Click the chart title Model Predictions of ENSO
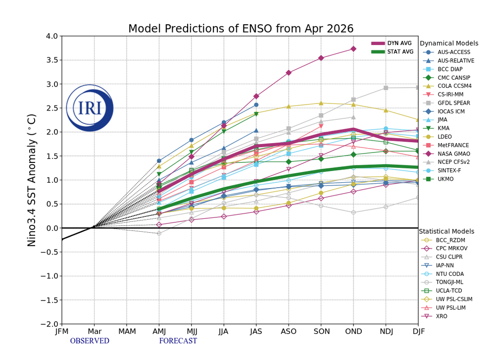point(241,29)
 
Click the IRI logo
point(89,108)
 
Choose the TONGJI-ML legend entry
point(450,282)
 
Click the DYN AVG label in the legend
point(399,44)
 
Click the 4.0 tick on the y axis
point(51,36)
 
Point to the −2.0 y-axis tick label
point(49,324)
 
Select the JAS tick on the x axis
point(256,331)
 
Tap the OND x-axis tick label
point(353,331)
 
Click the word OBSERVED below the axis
point(90,341)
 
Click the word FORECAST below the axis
point(178,341)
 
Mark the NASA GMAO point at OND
point(353,49)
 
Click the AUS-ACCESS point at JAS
point(256,104)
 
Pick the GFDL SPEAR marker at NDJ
point(386,88)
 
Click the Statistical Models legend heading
point(446,231)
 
